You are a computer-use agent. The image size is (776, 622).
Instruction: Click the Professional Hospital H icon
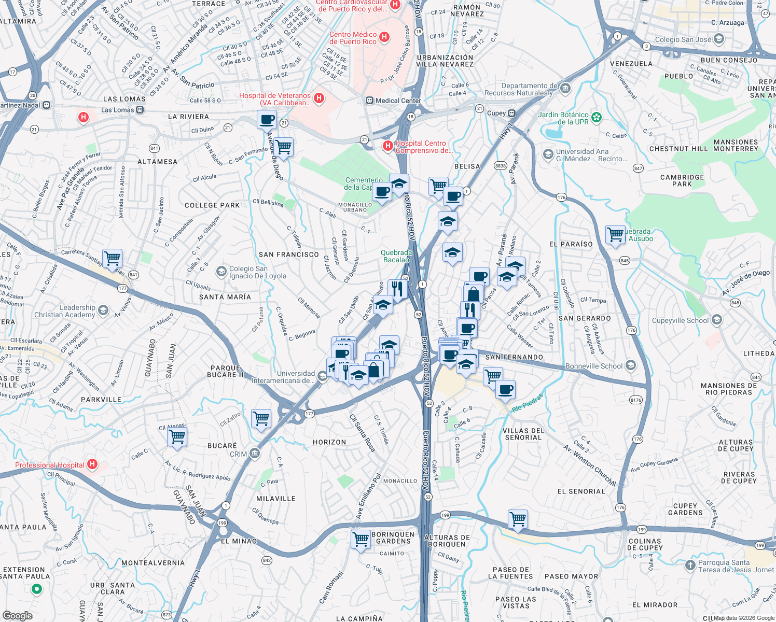pos(92,464)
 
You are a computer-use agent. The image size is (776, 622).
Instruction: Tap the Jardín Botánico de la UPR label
pos(563,118)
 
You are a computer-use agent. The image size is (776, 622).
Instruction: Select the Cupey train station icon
pos(511,113)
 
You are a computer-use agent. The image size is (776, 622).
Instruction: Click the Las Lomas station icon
pos(140,110)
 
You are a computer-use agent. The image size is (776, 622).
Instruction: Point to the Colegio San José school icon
pos(719,39)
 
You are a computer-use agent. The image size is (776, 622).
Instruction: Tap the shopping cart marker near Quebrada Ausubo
pos(615,234)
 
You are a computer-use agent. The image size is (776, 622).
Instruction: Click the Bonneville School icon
pos(630,366)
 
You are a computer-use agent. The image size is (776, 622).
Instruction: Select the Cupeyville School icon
pos(717,320)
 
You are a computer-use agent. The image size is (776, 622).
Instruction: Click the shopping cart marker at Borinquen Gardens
pos(361,539)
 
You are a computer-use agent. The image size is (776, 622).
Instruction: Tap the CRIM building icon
pos(254,454)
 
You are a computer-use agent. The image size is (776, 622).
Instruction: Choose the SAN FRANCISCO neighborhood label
pos(289,255)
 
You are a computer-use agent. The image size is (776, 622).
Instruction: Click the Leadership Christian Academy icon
pos(103,311)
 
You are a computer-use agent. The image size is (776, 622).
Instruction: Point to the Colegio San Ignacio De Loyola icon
pos(221,272)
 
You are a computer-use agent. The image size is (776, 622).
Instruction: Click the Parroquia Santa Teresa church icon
pos(690,566)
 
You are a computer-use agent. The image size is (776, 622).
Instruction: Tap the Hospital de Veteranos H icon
pos(319,98)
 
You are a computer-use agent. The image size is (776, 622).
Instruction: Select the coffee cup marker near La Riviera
pos(267,120)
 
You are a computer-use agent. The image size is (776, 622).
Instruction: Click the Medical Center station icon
pos(369,101)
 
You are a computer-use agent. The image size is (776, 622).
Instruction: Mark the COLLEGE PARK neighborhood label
pos(212,205)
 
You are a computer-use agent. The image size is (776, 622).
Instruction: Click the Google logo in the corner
pos(18,615)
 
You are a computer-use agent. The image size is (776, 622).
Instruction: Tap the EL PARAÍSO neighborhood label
pos(571,244)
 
